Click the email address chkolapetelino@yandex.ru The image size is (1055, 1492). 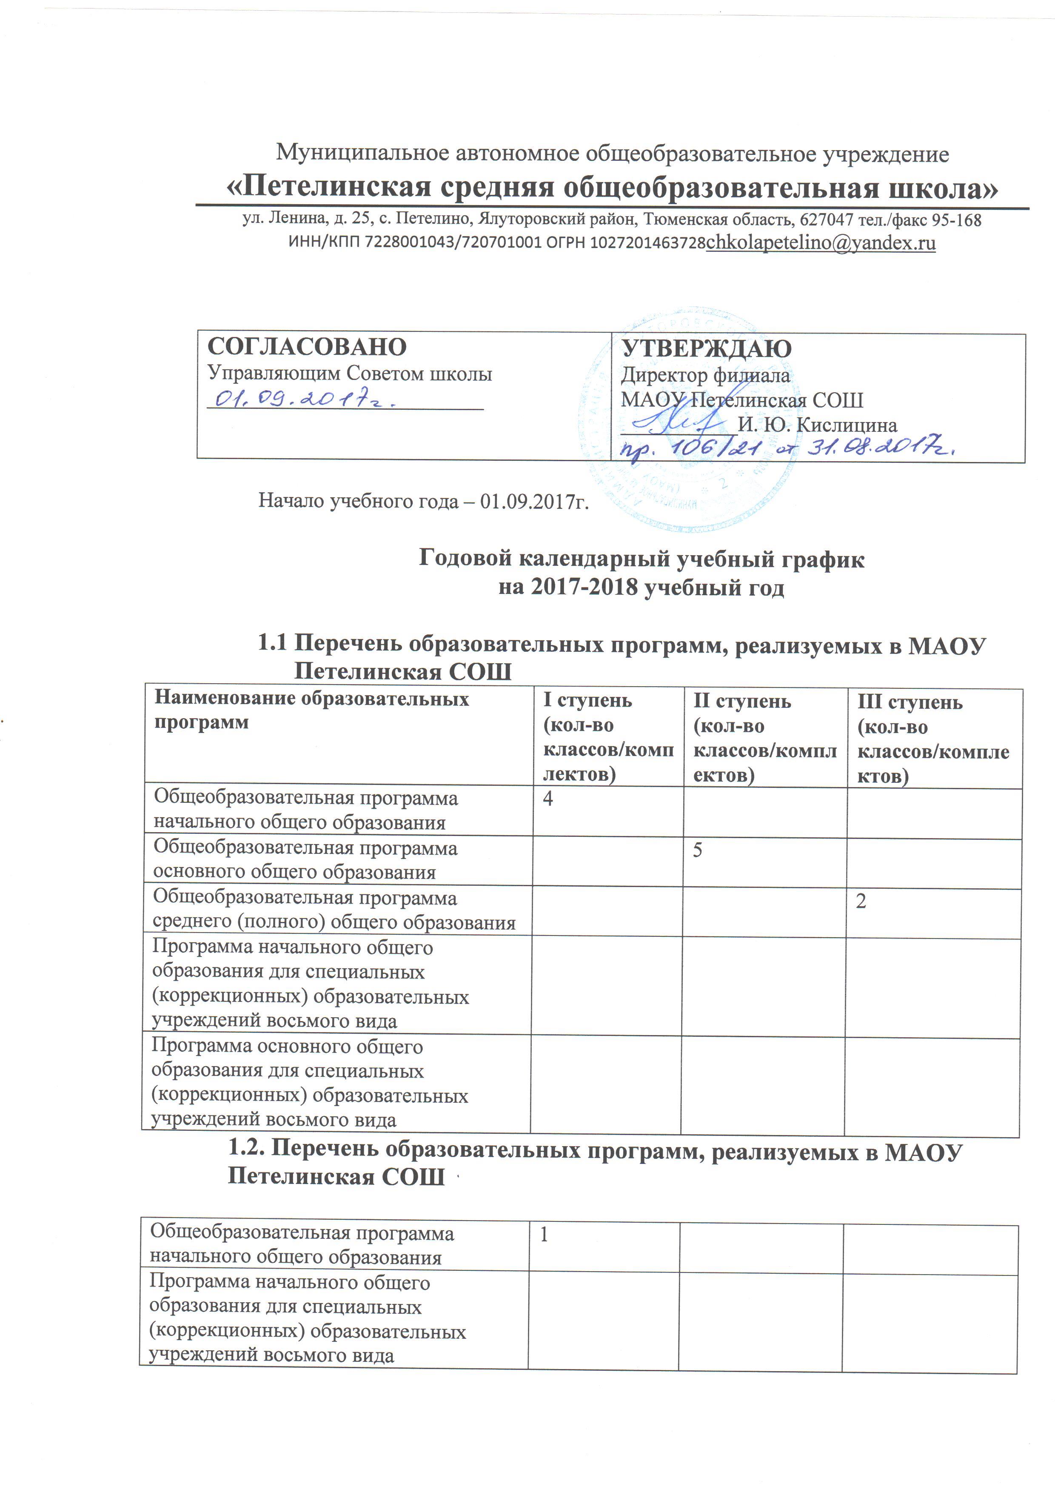point(821,243)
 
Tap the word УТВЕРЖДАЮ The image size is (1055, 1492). point(707,349)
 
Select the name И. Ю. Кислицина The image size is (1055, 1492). point(817,425)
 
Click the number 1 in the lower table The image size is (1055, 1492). point(545,1234)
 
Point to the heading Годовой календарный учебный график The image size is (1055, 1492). point(641,559)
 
